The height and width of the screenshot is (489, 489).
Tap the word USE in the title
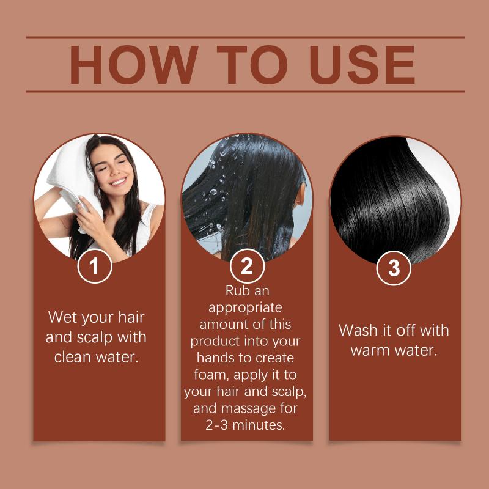[x=362, y=65]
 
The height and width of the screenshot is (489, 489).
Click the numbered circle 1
[x=95, y=266]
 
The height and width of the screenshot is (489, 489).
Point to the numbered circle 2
[x=247, y=266]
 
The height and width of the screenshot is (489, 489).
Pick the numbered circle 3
[x=394, y=268]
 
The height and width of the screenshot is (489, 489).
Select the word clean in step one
[x=73, y=357]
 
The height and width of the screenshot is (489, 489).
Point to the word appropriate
[x=245, y=309]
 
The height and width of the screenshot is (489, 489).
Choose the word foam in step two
[x=211, y=375]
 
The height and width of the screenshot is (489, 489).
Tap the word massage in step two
[x=245, y=409]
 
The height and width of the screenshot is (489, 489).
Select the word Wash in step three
[x=358, y=330]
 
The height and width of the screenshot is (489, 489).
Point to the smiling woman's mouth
[x=119, y=182]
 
